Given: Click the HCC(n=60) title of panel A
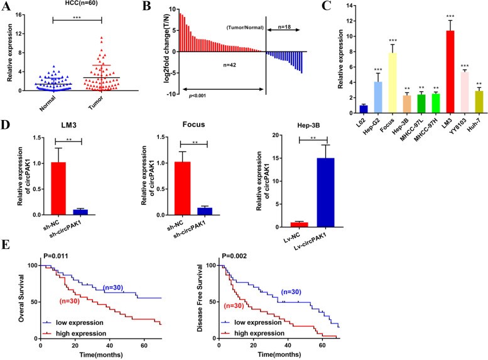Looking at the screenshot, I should pyautogui.click(x=71, y=7).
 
